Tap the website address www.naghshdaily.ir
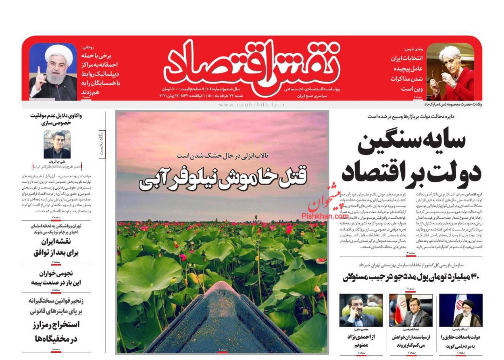(x=252, y=105)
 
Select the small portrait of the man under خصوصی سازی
(x=57, y=144)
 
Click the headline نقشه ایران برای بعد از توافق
(x=57, y=247)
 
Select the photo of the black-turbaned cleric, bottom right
(x=461, y=310)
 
